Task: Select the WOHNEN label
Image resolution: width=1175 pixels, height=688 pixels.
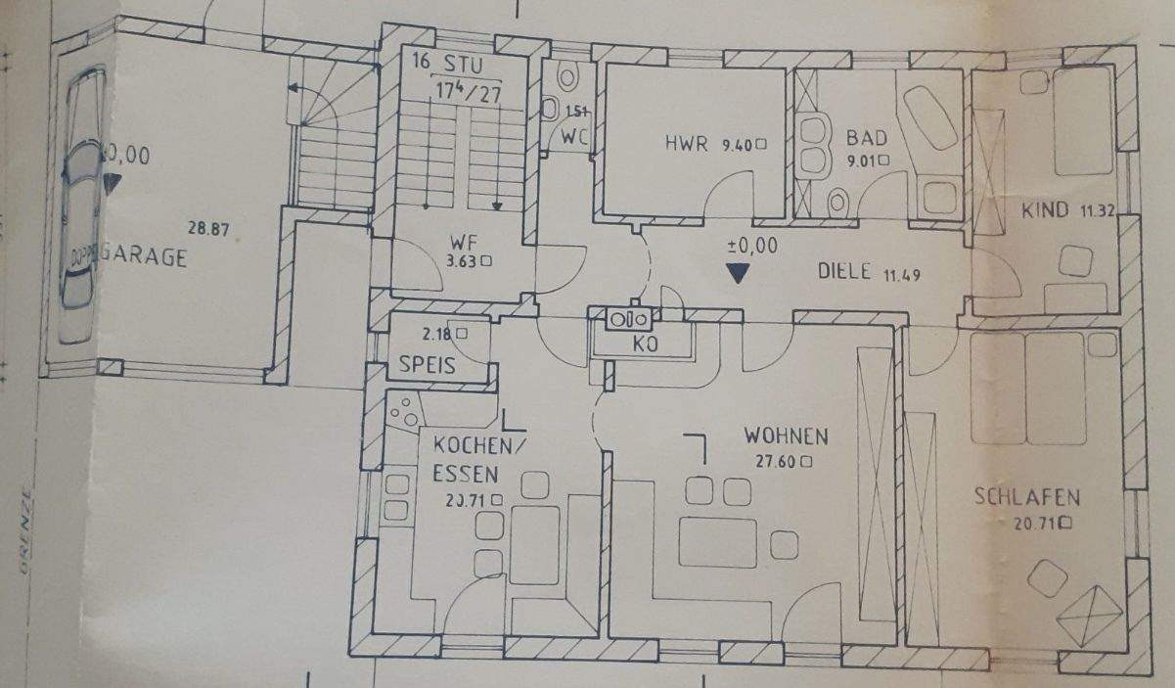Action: (x=786, y=436)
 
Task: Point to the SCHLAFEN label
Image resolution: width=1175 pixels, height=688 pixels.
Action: (x=1026, y=497)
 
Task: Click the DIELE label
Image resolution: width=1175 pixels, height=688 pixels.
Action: (x=843, y=273)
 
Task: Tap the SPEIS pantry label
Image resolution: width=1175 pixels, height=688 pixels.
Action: (x=428, y=366)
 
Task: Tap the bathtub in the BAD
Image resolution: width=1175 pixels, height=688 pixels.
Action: (x=927, y=118)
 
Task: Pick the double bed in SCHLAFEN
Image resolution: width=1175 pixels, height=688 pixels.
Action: (x=1027, y=387)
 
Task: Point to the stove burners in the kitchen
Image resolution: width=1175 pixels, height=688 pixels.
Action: (x=401, y=415)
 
